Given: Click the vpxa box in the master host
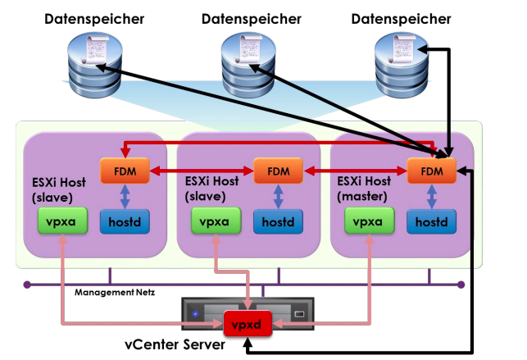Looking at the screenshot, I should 370,220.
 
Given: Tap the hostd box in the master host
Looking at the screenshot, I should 429,221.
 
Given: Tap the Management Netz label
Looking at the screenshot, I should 114,292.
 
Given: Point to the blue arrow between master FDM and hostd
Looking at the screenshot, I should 429,197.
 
